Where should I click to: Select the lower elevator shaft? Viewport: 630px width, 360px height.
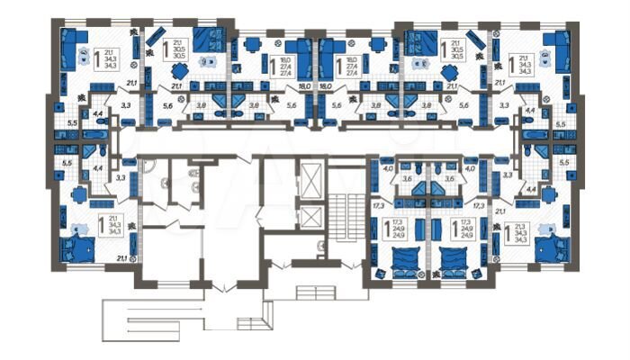coord(310,217)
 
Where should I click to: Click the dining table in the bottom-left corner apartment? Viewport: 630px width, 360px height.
coord(79,193)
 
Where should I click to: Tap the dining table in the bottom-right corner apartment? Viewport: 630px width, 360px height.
coord(548,193)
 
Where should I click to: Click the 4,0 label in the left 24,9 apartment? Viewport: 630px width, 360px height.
coord(389,167)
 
